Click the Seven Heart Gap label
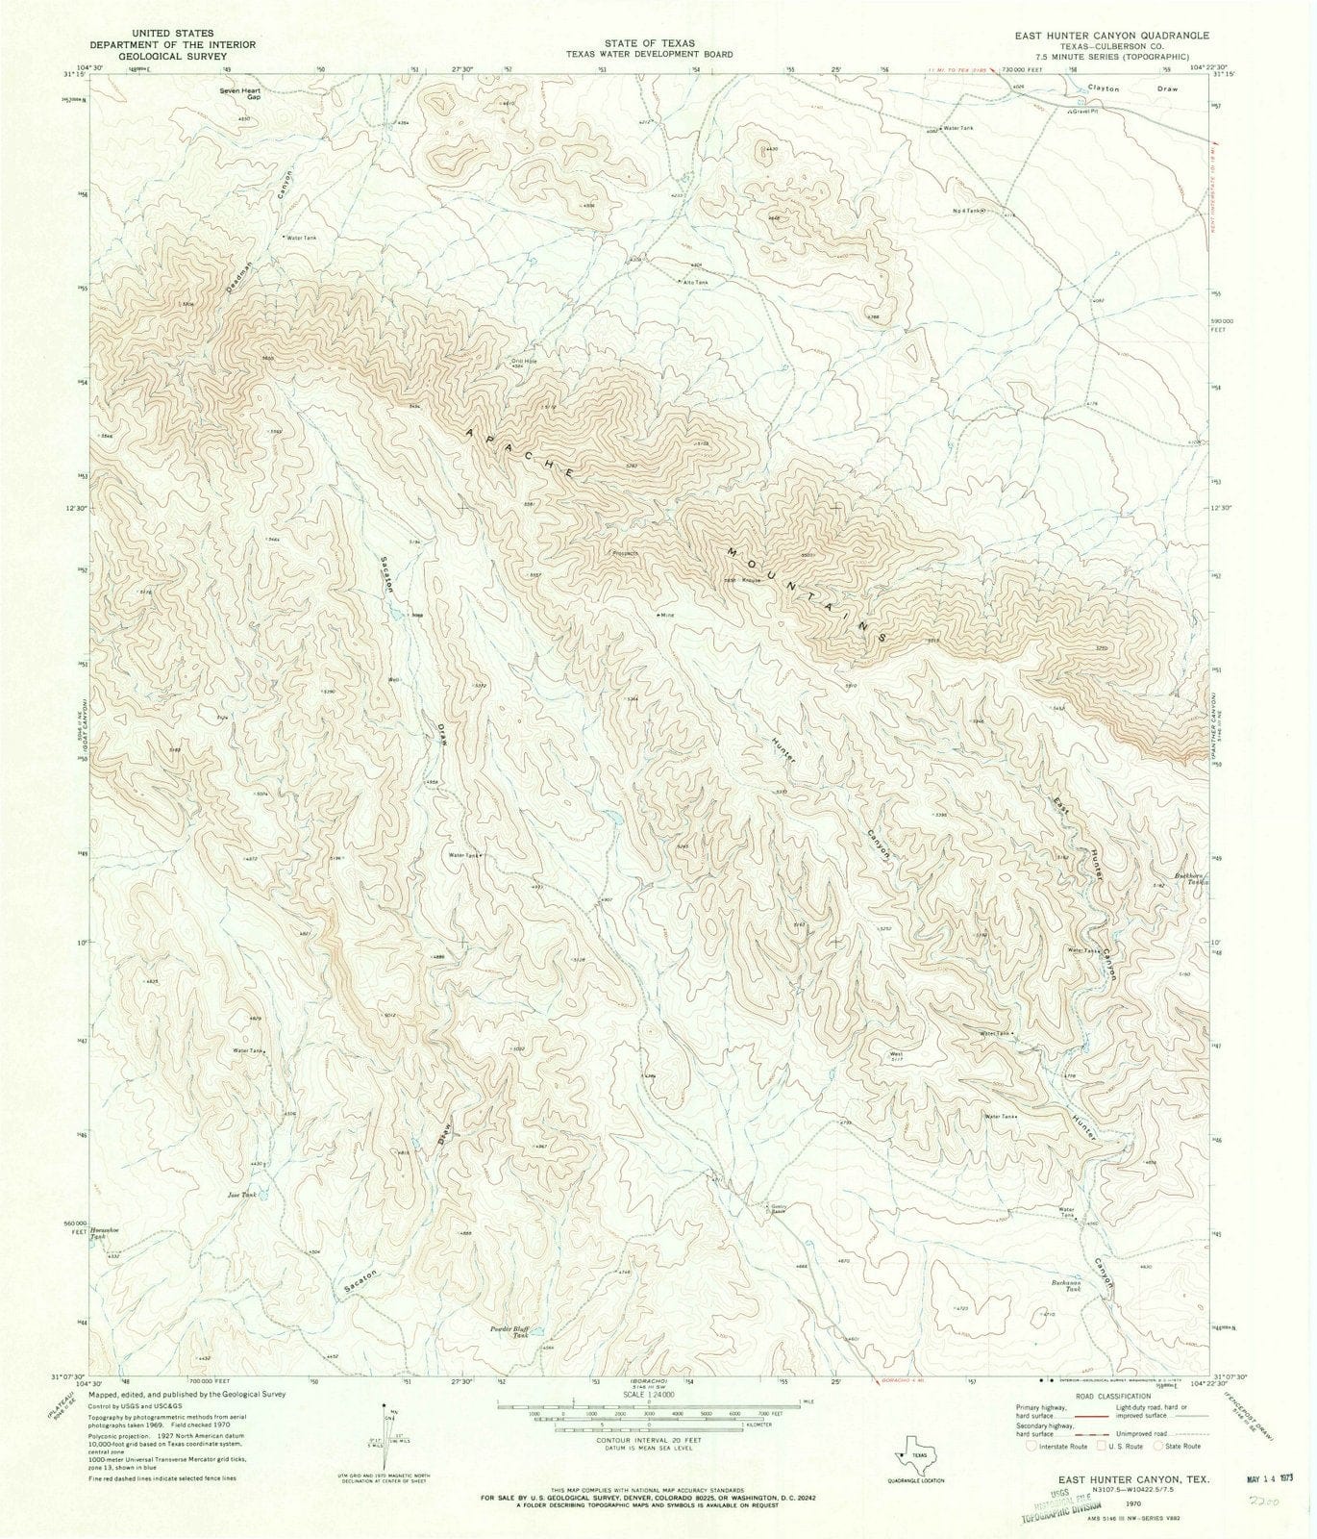click(240, 94)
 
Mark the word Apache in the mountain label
click(520, 453)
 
